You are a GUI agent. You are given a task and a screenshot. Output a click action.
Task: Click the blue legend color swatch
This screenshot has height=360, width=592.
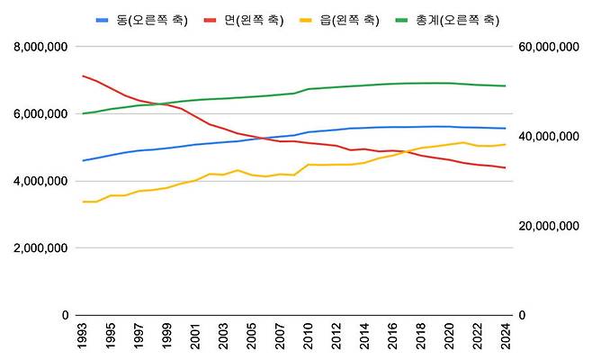103,19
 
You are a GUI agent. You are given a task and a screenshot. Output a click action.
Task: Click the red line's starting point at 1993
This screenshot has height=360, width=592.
83,76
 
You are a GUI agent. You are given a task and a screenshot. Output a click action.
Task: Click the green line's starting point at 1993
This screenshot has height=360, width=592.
83,113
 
